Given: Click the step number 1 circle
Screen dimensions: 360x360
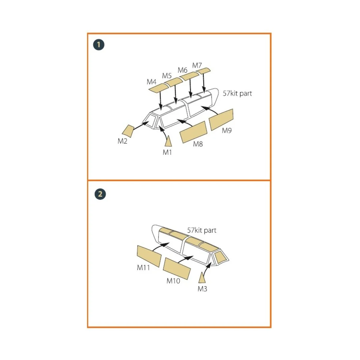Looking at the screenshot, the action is pyautogui.click(x=99, y=45).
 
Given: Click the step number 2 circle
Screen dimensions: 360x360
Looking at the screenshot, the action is pyautogui.click(x=100, y=194).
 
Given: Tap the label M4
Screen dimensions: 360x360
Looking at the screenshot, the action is pyautogui.click(x=151, y=82).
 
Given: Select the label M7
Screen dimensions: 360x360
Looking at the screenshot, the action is pyautogui.click(x=197, y=65).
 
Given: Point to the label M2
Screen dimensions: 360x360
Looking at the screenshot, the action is pyautogui.click(x=122, y=141).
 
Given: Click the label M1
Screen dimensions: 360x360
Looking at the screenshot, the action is pyautogui.click(x=167, y=152).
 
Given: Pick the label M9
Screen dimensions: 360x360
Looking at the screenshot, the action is pyautogui.click(x=226, y=130).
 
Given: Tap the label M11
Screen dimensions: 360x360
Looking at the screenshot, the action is pyautogui.click(x=143, y=268).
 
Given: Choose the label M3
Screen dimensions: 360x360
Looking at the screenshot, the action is pyautogui.click(x=202, y=289).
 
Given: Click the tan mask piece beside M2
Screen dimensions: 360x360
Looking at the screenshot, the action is pyautogui.click(x=128, y=131).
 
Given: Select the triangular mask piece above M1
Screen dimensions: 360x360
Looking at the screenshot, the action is pyautogui.click(x=169, y=141).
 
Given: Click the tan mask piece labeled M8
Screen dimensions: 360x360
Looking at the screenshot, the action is pyautogui.click(x=193, y=132).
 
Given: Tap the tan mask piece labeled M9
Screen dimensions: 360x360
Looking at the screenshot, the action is pyautogui.click(x=221, y=120).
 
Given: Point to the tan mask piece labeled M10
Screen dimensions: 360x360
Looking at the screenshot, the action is pyautogui.click(x=177, y=268).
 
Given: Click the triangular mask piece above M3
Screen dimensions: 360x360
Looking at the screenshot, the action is pyautogui.click(x=202, y=278).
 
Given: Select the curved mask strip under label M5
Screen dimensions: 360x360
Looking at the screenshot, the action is pyautogui.click(x=173, y=82).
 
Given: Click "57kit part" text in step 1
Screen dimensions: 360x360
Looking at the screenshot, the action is pyautogui.click(x=237, y=93).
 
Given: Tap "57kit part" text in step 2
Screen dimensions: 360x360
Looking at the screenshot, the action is pyautogui.click(x=202, y=230).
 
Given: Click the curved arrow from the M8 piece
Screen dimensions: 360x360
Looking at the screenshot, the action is pyautogui.click(x=185, y=121).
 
